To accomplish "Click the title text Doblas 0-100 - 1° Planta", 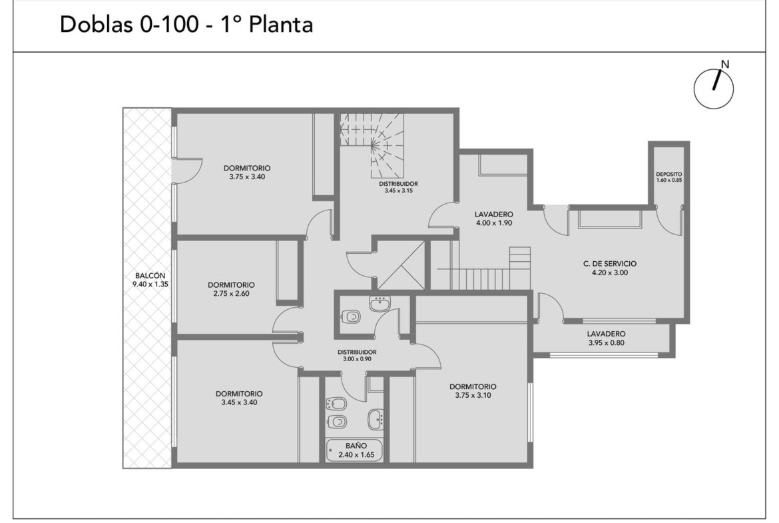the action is (x=186, y=25).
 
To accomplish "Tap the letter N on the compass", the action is (x=725, y=64).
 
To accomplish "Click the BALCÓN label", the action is (x=150, y=275).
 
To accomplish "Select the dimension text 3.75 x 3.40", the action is (x=247, y=177).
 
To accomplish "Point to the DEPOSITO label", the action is (x=668, y=174).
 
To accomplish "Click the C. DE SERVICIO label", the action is (x=610, y=263).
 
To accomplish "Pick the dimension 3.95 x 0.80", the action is (x=606, y=342).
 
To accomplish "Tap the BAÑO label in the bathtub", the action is (x=356, y=446).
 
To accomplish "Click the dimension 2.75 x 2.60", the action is (x=232, y=293).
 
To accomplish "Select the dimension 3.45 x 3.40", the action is (x=239, y=402).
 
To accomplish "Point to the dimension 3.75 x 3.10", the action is (x=473, y=395).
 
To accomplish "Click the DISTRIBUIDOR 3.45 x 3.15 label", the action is (x=398, y=187).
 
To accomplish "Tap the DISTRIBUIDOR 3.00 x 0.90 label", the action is (x=357, y=355).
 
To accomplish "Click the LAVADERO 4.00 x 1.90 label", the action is (x=494, y=219).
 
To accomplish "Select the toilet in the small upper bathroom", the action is (x=352, y=315).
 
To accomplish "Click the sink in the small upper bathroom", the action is (x=381, y=302).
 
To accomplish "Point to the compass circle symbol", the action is (x=714, y=89).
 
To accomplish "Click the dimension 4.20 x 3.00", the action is (x=610, y=272).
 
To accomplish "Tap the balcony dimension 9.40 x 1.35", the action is (x=150, y=284).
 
